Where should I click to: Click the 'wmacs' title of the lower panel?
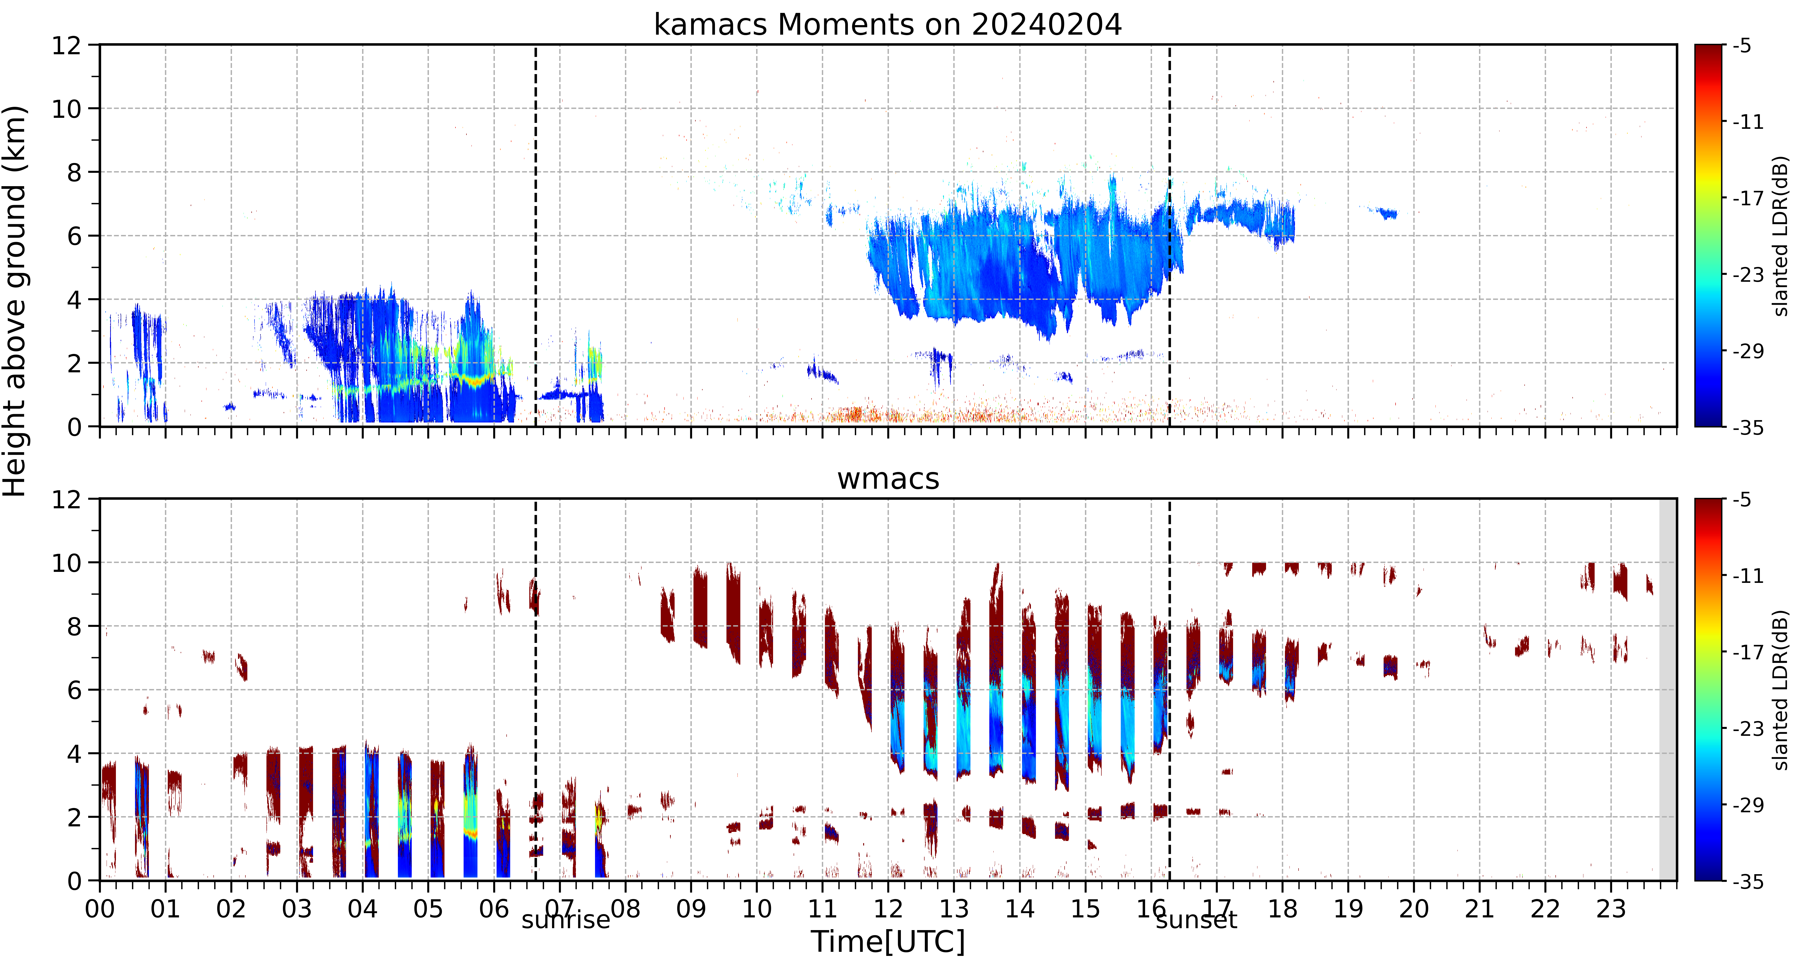[x=888, y=479]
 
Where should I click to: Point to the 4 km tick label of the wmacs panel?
[x=74, y=754]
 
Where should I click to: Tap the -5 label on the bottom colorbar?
[x=1742, y=500]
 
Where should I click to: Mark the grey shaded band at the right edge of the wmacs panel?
[x=1668, y=689]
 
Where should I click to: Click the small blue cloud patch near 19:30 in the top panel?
[x=1386, y=213]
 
